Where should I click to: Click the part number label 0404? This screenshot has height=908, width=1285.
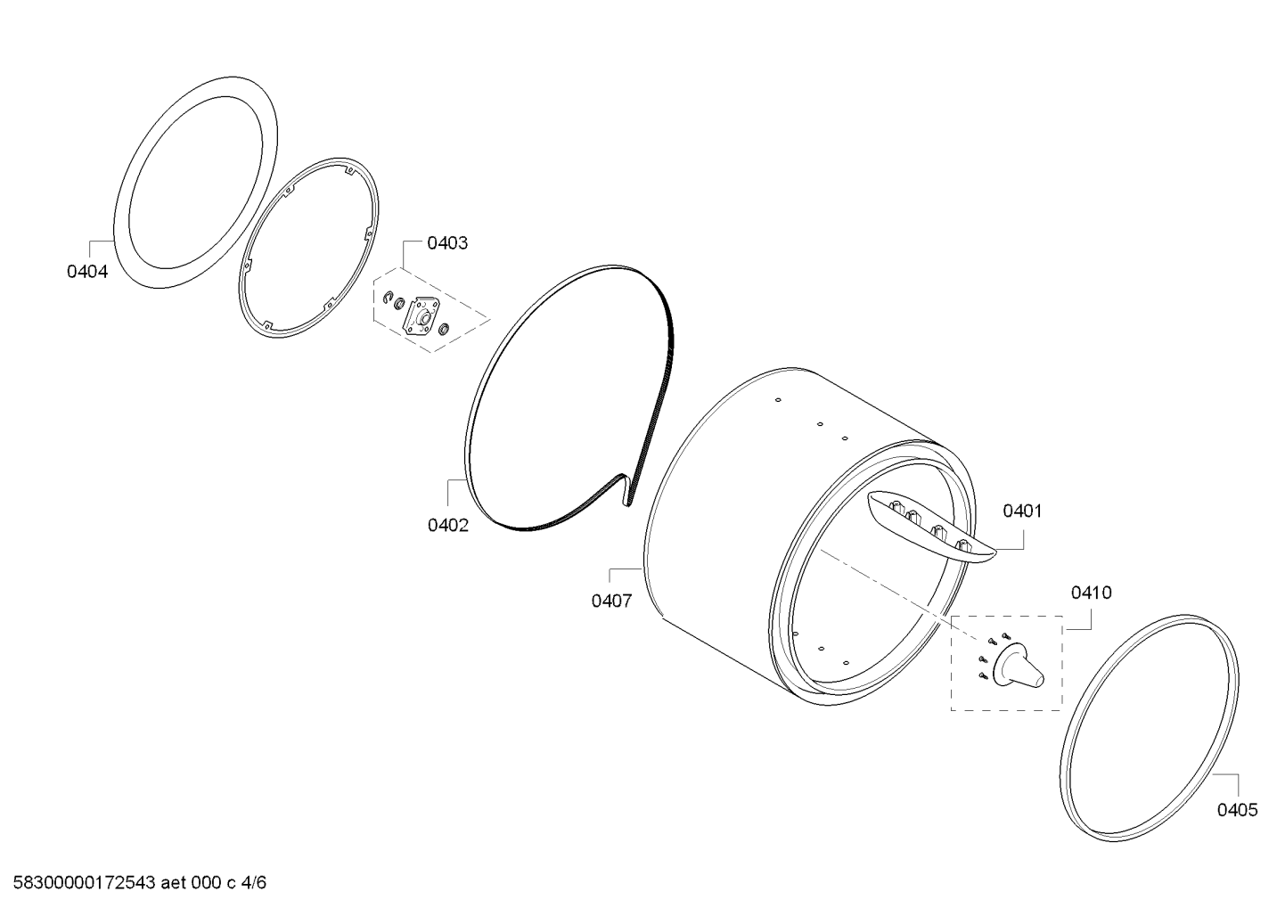87,271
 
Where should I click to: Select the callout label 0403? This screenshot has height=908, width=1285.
447,243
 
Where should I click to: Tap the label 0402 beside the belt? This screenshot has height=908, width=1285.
448,525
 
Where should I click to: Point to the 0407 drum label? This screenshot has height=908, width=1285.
612,601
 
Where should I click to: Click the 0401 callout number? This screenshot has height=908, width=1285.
1022,511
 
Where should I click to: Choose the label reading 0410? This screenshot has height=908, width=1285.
1091,593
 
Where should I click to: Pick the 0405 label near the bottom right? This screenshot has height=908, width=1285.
1238,810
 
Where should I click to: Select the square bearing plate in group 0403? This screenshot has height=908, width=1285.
422,316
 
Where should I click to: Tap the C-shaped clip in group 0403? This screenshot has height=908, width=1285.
388,297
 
